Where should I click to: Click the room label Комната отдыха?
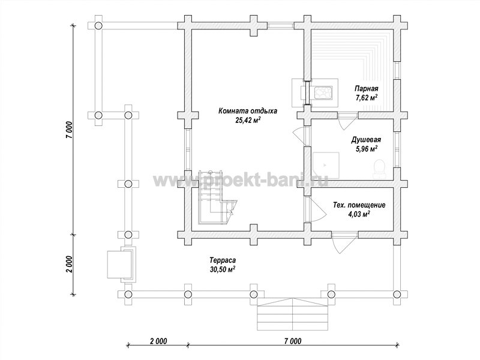(x=248, y=111)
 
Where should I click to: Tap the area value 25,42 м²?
(x=248, y=120)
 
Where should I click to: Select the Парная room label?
(x=367, y=89)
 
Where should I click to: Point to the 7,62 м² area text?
(x=366, y=98)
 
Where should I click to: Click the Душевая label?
(x=366, y=140)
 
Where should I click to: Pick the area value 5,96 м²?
(x=366, y=149)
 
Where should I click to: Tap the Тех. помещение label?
(x=359, y=205)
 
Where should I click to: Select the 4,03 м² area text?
(x=359, y=214)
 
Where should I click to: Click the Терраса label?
(x=223, y=260)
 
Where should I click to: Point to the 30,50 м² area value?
(x=223, y=269)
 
